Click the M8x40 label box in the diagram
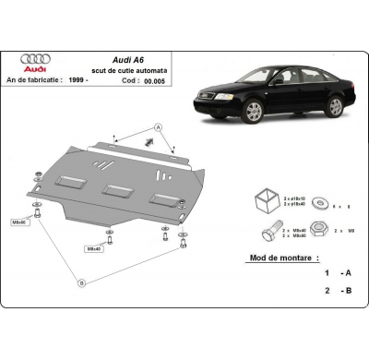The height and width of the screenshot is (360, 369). click(x=94, y=248)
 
